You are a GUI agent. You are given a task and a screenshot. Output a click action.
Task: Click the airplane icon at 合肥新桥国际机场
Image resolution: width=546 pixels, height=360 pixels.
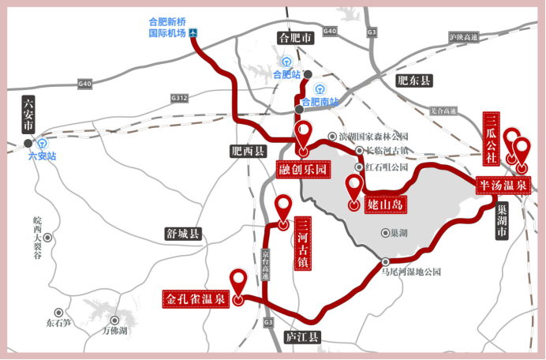point(193,34)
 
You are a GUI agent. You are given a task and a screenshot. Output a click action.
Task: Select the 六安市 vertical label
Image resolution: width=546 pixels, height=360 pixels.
point(28,116)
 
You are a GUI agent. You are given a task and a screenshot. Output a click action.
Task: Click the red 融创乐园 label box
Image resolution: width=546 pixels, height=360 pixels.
point(303,170)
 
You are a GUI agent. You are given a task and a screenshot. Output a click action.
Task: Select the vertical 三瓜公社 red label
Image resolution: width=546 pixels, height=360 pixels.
point(491,137)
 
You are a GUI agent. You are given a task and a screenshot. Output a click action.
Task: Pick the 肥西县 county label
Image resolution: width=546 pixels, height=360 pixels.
point(249,152)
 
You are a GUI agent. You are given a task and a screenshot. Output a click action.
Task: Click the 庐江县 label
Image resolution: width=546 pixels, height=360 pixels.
point(302,337)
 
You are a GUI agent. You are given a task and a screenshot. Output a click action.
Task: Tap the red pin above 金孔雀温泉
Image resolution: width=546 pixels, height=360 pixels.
point(237,280)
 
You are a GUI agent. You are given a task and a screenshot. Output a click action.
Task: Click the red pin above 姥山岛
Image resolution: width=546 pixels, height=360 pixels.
point(353,188)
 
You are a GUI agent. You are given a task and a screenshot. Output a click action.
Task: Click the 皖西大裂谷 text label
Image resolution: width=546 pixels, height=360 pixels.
point(37,225)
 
